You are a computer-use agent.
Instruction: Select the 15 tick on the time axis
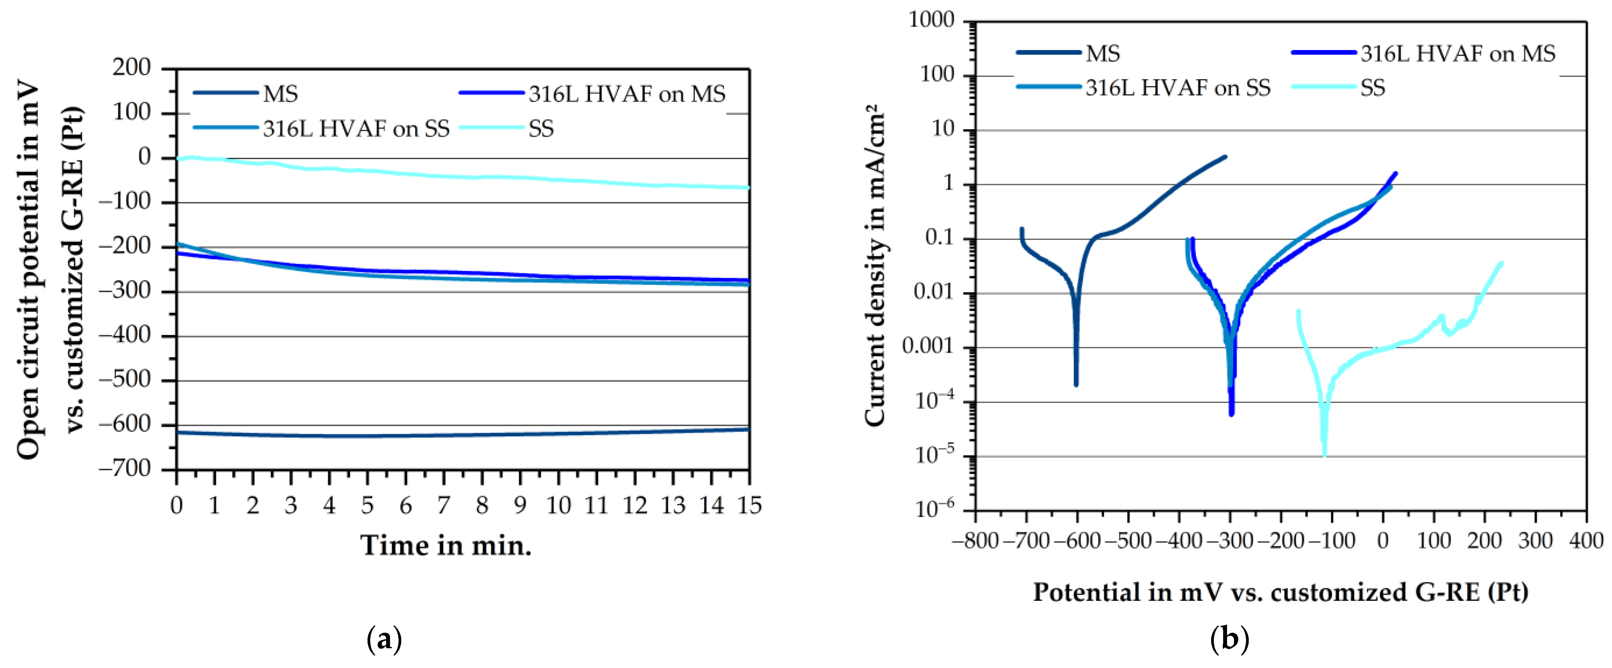click(749, 505)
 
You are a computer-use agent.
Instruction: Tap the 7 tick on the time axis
click(444, 505)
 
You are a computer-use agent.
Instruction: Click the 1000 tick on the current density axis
click(931, 21)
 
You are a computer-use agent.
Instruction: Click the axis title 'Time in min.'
click(445, 546)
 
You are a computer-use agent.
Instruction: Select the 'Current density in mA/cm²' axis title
click(875, 266)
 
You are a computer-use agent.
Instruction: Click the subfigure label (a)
click(383, 640)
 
